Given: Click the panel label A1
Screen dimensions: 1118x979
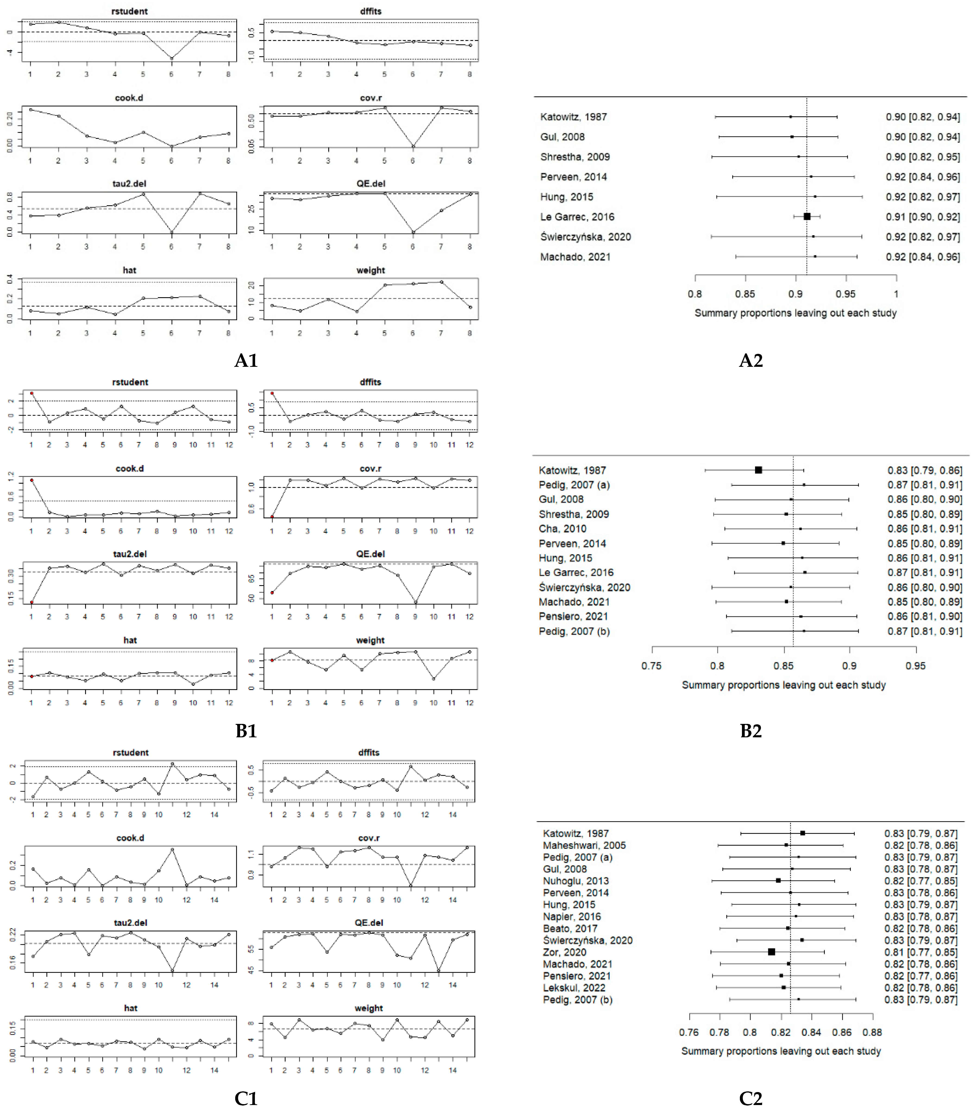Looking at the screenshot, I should [x=246, y=361].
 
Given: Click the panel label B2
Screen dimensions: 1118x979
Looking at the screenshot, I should [x=751, y=731].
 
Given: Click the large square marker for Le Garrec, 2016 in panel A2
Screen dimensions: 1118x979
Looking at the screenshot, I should [x=807, y=217].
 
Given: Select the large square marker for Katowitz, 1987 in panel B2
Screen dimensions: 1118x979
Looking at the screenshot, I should [x=758, y=470].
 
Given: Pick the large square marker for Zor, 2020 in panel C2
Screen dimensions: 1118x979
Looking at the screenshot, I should [x=771, y=952].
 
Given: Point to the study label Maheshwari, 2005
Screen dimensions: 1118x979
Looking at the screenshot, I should [x=584, y=845].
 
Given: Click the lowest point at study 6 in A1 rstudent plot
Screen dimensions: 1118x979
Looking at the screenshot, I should [x=172, y=59].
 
